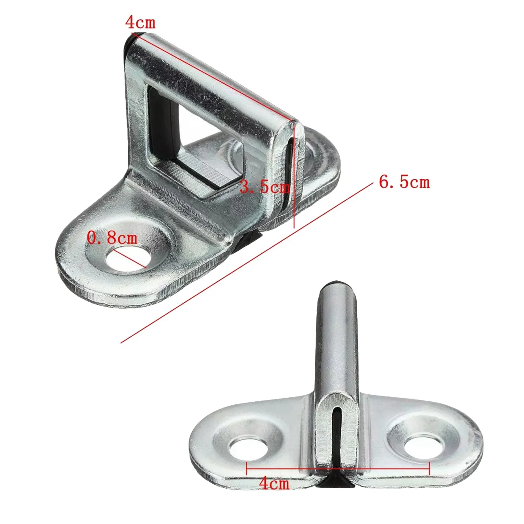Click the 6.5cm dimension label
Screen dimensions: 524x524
coord(404,182)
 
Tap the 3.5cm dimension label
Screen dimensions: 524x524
coord(264,187)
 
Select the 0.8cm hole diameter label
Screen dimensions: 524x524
coord(112,238)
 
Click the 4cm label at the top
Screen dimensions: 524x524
coord(140,23)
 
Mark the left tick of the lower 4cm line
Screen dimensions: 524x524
coord(247,469)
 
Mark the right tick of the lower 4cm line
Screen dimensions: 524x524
coord(429,469)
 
